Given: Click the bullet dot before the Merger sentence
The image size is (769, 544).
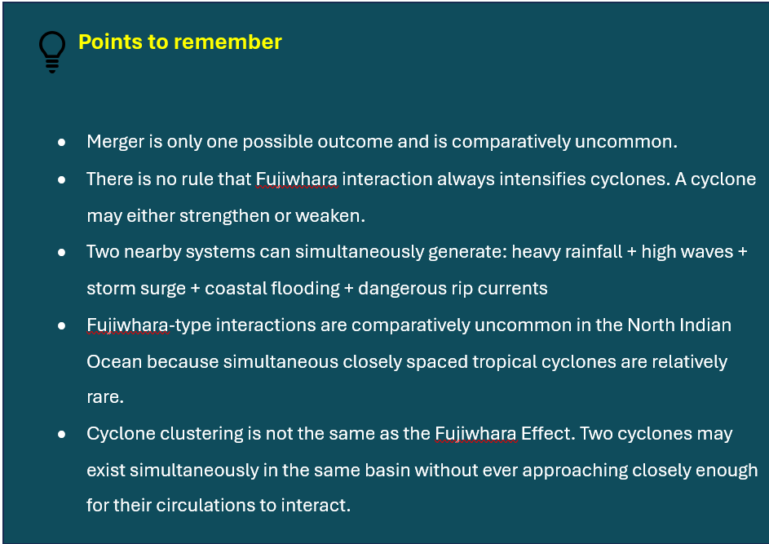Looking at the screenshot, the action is [62, 143].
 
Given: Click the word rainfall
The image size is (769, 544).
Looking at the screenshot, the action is [594, 252].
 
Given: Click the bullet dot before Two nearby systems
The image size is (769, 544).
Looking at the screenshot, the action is [62, 253].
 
